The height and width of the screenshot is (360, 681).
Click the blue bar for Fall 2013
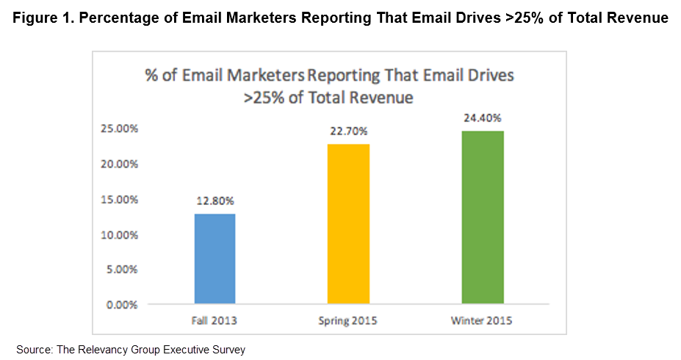(x=215, y=259)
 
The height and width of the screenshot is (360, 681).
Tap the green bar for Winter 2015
(x=482, y=217)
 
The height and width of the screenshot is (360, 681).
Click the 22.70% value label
(x=349, y=132)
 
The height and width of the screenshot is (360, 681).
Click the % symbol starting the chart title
(x=151, y=76)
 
